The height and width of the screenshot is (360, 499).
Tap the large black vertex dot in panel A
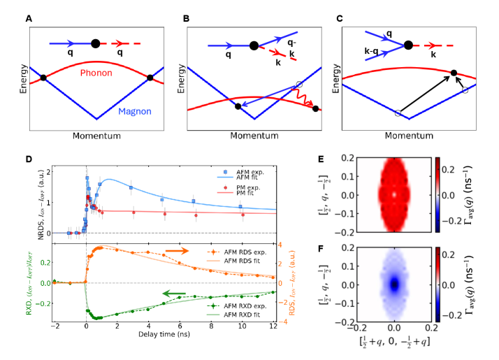click(x=96, y=43)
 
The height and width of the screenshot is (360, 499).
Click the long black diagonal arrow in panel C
click(x=424, y=93)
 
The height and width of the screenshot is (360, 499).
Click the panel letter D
click(x=29, y=159)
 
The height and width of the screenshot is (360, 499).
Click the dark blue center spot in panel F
click(x=395, y=284)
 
